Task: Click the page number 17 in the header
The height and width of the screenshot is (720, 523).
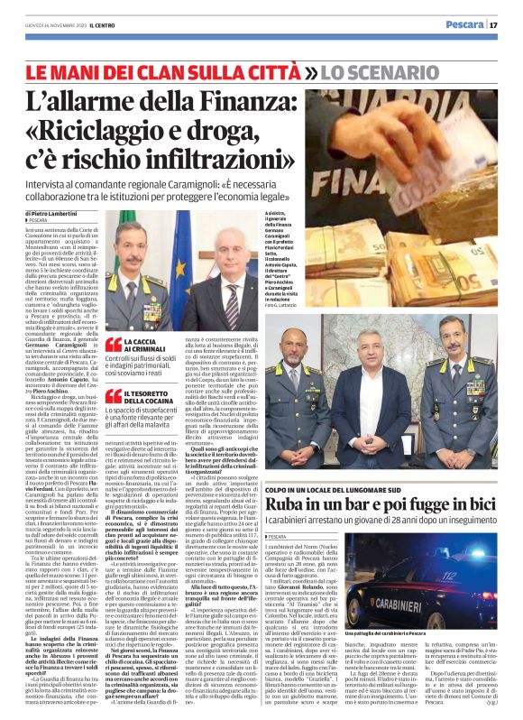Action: [x=508, y=24]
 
